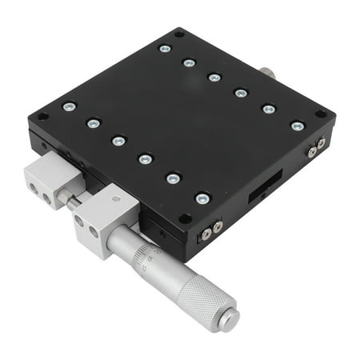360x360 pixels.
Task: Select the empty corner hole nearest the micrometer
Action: coord(186,218)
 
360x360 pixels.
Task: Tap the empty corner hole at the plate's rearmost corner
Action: coord(180,34)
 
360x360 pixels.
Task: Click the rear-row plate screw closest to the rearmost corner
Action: coord(165,49)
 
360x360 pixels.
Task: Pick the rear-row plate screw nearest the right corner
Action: coord(297,126)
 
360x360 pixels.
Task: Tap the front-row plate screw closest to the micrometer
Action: coord(202,198)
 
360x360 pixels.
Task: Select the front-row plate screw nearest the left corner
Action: coord(70,106)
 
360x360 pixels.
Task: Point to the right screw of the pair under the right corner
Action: coord(320,144)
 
